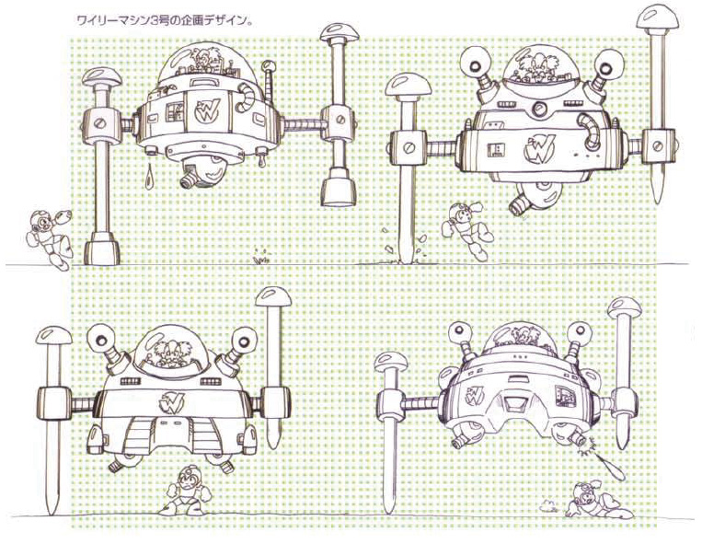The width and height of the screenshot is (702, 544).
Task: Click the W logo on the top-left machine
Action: [x=207, y=111]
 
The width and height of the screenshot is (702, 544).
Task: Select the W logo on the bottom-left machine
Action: [x=171, y=401]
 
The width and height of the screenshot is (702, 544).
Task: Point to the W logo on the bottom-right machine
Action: [x=475, y=395]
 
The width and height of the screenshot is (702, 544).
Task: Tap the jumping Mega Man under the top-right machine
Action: [x=466, y=229]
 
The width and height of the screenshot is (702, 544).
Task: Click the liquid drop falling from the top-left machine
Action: [x=149, y=176]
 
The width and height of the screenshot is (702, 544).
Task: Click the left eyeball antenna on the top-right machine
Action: [x=478, y=64]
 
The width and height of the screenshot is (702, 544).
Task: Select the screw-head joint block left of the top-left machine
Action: [x=103, y=123]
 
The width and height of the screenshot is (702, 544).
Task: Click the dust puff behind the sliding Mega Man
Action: [x=548, y=507]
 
